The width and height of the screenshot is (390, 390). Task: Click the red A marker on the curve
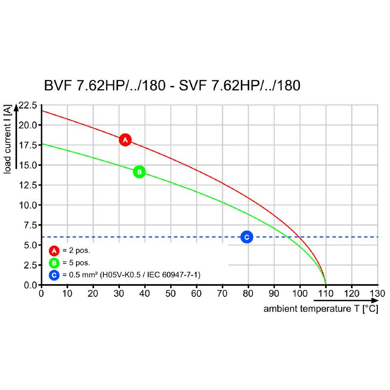tap(125, 140)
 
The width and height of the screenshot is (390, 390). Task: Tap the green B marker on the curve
tap(139, 172)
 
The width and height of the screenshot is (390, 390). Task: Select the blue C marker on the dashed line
tap(247, 237)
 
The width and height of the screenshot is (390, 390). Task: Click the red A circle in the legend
tap(54, 251)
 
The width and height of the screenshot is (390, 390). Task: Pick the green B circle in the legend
tap(54, 263)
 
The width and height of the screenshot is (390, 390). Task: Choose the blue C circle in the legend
tap(54, 275)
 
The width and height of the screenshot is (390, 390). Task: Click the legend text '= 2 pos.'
tap(77, 251)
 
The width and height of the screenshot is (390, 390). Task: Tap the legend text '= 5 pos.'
tap(77, 263)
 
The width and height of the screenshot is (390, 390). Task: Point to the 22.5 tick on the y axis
tap(28, 105)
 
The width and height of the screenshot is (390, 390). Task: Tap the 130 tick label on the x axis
tap(377, 293)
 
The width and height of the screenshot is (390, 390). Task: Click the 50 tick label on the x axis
tap(171, 293)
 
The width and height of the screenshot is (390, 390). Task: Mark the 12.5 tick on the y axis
tap(28, 185)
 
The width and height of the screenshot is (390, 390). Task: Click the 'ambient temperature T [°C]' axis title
tap(321, 310)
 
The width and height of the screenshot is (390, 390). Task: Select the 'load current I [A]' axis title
tap(8, 139)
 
